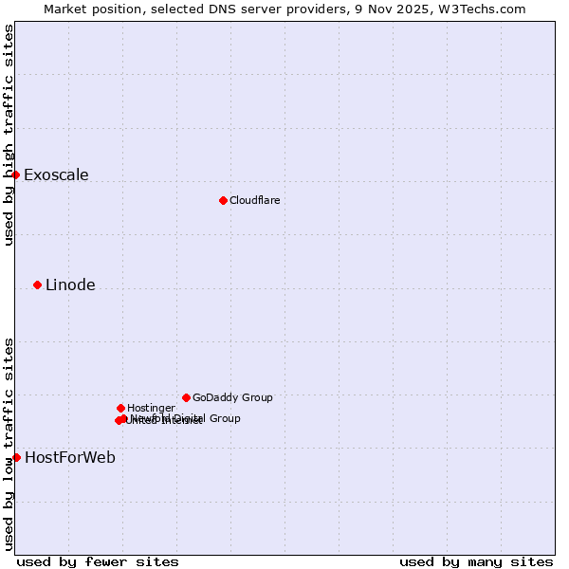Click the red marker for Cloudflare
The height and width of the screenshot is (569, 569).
pyautogui.click(x=223, y=200)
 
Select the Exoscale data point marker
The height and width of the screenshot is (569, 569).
pyautogui.click(x=15, y=174)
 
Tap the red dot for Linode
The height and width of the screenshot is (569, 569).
pyautogui.click(x=37, y=284)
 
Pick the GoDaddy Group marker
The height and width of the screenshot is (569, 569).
pyautogui.click(x=186, y=397)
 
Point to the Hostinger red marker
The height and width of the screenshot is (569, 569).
pyautogui.click(x=120, y=408)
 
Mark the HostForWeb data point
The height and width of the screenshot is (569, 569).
pyautogui.click(x=16, y=457)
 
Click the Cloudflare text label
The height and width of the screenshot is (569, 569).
pyautogui.click(x=254, y=200)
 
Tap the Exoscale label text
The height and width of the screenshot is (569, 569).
pyautogui.click(x=56, y=174)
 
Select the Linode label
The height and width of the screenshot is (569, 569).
pyautogui.click(x=70, y=284)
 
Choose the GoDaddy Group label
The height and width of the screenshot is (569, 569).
pyautogui.click(x=232, y=397)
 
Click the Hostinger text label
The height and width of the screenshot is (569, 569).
pyautogui.click(x=151, y=408)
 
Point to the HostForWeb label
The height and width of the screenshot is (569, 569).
pyautogui.click(x=70, y=457)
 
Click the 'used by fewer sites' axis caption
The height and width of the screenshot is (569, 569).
pyautogui.click(x=98, y=561)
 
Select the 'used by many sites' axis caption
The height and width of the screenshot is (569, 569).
pyautogui.click(x=476, y=561)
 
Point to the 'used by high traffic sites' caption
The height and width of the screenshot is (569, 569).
pyautogui.click(x=9, y=135)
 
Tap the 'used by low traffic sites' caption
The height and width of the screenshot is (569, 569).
pyautogui.click(x=9, y=444)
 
